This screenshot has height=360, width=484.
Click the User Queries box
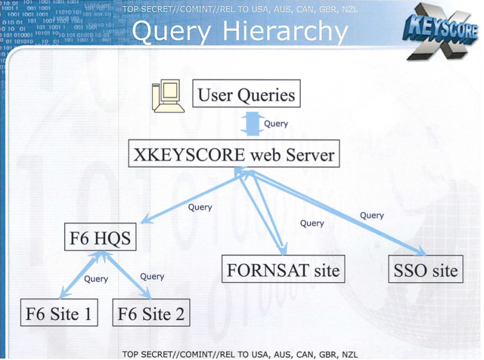[247, 93]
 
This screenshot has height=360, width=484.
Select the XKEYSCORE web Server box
[234, 154]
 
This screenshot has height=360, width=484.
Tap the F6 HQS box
[101, 237]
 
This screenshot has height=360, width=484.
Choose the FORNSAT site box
[283, 269]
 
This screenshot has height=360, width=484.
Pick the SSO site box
[426, 269]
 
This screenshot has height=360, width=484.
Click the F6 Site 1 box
[59, 313]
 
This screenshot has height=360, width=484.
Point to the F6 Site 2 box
[151, 313]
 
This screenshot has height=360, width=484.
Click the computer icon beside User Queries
[168, 96]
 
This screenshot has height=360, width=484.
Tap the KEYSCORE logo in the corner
[440, 32]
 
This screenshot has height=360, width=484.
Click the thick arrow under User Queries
[253, 124]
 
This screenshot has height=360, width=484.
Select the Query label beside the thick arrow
[276, 124]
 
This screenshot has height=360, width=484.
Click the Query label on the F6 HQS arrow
[200, 207]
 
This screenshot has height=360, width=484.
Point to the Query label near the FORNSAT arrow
[312, 223]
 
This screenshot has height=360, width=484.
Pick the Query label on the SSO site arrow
[372, 215]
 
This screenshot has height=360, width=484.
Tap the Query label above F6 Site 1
[96, 279]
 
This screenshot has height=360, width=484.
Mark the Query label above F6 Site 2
[152, 276]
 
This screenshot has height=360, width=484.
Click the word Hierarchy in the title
[285, 32]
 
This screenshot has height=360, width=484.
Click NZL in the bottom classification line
[350, 355]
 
